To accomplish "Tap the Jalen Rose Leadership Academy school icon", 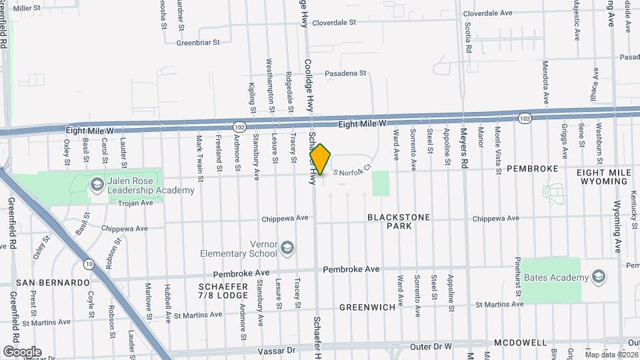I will click(x=97, y=183).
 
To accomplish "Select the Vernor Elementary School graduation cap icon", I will click(x=287, y=249).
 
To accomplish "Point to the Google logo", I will click(x=22, y=351).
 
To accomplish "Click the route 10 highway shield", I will click(x=89, y=265).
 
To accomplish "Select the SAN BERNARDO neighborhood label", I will click(x=53, y=283).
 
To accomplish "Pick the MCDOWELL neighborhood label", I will click(x=520, y=343).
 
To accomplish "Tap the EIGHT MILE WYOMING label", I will click(x=604, y=177).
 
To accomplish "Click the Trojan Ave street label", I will click(x=135, y=203).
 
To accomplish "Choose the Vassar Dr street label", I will click(x=273, y=350).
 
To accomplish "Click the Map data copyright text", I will click(x=611, y=354).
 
